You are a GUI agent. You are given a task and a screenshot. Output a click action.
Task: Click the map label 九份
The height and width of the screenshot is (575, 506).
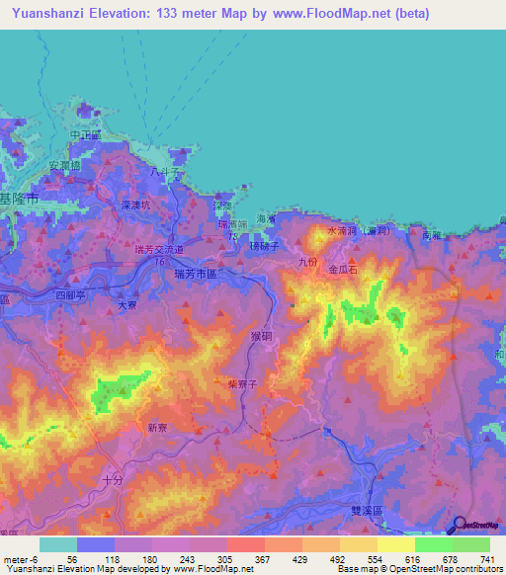click(305, 262)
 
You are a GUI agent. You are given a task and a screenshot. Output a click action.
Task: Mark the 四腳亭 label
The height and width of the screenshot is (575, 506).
click(71, 294)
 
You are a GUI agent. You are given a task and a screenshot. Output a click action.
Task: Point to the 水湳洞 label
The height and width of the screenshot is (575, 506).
click(341, 231)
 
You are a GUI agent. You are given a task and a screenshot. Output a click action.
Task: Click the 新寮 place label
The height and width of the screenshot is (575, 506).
click(158, 428)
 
